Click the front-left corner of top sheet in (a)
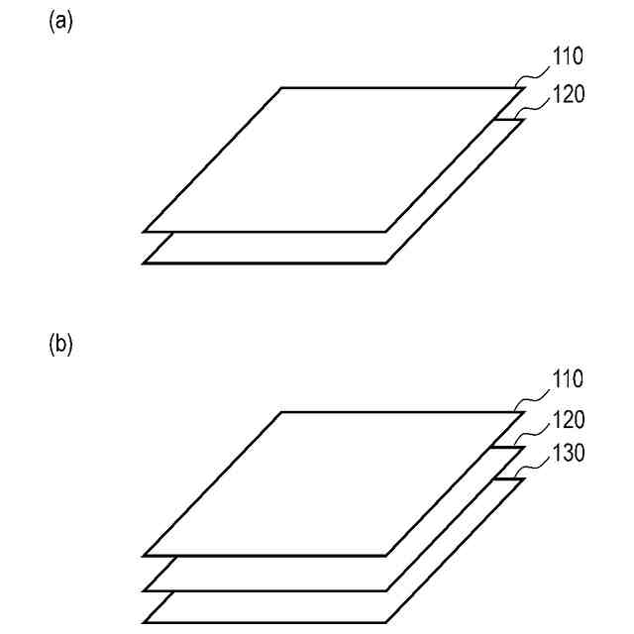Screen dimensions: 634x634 pyautogui.click(x=145, y=232)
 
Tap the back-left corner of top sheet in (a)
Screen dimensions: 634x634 pyautogui.click(x=281, y=88)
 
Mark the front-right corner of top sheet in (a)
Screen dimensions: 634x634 pyautogui.click(x=385, y=232)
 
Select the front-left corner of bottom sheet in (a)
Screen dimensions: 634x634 pyautogui.click(x=145, y=264)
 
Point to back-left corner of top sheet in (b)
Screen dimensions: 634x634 pyautogui.click(x=281, y=411)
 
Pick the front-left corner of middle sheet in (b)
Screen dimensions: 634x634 pyautogui.click(x=145, y=588)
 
